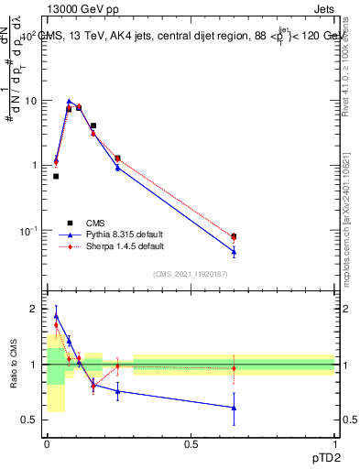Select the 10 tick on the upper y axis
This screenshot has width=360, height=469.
(30, 101)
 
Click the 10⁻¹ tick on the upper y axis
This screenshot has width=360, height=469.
(28, 230)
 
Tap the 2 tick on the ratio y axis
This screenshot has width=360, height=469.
(35, 309)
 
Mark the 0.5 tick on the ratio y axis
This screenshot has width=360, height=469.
(30, 420)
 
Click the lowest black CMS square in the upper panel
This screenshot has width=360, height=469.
(56, 176)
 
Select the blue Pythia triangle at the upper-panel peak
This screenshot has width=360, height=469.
(70, 102)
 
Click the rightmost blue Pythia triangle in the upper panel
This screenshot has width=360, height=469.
(234, 251)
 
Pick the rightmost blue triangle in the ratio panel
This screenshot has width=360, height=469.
(234, 408)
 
